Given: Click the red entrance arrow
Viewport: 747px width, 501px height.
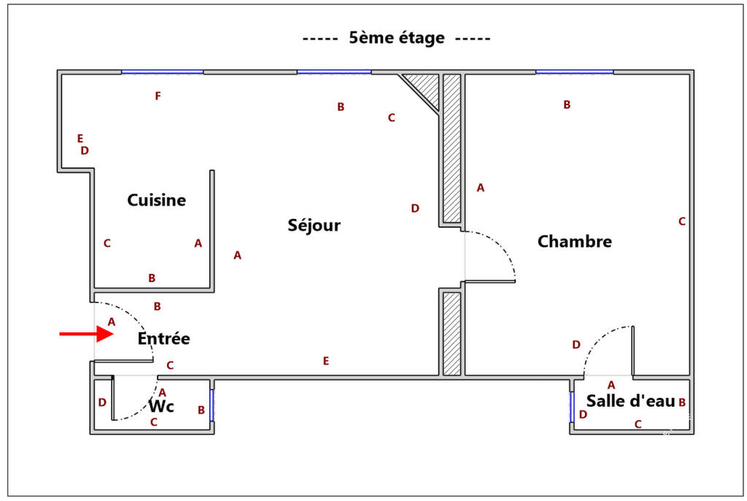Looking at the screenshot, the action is pos(87,334).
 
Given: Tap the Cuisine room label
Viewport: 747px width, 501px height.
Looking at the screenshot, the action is pos(156,200).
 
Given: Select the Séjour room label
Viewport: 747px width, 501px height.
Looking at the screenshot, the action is pos(314,225).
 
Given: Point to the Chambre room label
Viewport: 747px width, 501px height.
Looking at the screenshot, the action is pos(575,241).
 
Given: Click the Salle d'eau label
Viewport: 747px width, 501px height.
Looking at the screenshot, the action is pos(630,401).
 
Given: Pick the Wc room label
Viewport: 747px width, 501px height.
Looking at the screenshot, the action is pos(161,406).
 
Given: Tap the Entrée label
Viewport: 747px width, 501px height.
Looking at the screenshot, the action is pos(164,338).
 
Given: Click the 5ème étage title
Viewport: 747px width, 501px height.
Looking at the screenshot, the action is pos(397,38).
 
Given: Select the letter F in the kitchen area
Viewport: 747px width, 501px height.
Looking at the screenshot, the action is pos(158,96).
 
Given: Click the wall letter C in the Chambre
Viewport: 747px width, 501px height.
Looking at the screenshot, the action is pos(682,221).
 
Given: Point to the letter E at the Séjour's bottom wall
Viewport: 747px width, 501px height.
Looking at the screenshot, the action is pos(326,361).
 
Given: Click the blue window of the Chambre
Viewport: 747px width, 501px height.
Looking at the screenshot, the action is pos(575,72).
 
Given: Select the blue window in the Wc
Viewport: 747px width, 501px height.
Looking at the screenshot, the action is pos(212,405).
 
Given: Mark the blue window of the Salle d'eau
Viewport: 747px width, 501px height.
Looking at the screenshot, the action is pos(572,407).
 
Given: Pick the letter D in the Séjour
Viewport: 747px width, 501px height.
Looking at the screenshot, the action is pos(415,208).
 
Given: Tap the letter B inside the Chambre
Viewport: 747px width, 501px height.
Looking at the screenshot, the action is pos(567,104).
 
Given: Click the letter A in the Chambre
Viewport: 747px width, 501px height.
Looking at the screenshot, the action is pos(480,188).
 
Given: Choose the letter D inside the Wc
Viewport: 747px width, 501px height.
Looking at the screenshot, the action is pos(102,402).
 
